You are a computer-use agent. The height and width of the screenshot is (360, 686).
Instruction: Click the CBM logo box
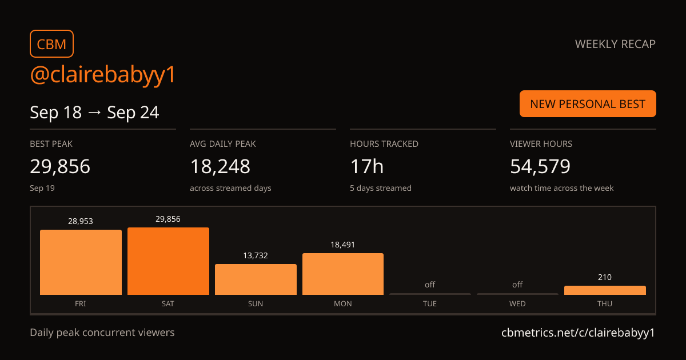pos(52,44)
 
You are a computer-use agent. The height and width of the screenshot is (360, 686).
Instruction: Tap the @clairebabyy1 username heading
pos(102,74)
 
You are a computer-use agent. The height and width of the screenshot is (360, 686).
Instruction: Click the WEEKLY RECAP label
pos(615,44)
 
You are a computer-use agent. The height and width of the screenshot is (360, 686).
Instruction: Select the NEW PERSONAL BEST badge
pos(588,104)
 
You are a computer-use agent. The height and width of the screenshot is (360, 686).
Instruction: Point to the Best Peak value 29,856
pos(60,166)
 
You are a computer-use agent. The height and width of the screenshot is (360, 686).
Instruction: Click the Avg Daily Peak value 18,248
pos(220,166)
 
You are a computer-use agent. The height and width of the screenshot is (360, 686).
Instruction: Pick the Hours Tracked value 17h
pos(366,166)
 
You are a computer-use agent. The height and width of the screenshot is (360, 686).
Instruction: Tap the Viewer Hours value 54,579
pos(540,166)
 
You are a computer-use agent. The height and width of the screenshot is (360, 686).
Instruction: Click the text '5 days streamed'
pos(381,188)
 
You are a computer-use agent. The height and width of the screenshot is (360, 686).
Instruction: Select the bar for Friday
pos(81,262)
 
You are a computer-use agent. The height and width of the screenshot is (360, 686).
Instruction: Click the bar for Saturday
pos(169,261)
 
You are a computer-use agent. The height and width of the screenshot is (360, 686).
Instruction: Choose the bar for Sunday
pos(256,279)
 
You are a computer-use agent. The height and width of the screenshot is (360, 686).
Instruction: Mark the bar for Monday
pos(343,274)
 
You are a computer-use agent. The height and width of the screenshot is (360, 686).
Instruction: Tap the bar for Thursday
pos(605,290)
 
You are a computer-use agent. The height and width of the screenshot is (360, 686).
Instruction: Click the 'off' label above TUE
pos(430,285)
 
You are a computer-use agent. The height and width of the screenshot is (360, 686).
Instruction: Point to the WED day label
pos(517,303)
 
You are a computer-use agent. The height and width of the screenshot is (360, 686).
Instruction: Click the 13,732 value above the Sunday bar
pos(256,255)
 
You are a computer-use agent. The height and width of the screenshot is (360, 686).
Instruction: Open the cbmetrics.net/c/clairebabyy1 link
pos(578,333)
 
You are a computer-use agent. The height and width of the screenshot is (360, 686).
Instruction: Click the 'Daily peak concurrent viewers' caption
pos(102,333)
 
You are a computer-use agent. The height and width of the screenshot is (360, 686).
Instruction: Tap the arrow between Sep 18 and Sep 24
pos(94,113)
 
